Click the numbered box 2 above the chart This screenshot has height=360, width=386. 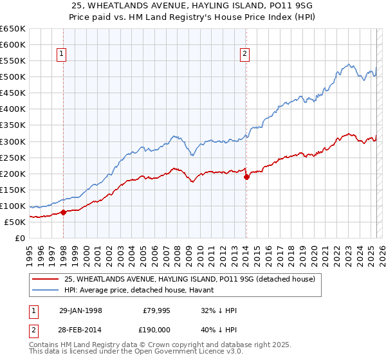pos(245,55)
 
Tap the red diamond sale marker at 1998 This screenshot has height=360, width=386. pos(63,212)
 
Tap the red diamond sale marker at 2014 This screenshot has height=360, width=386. pos(246,177)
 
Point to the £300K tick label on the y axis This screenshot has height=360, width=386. pos(14,141)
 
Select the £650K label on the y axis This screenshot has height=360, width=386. pos(14,29)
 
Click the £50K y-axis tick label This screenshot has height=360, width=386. pos(15,222)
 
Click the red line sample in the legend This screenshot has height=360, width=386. pos(46,280)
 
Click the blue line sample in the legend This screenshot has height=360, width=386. pos(46,291)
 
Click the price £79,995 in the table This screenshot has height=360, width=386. pos(156,310)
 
